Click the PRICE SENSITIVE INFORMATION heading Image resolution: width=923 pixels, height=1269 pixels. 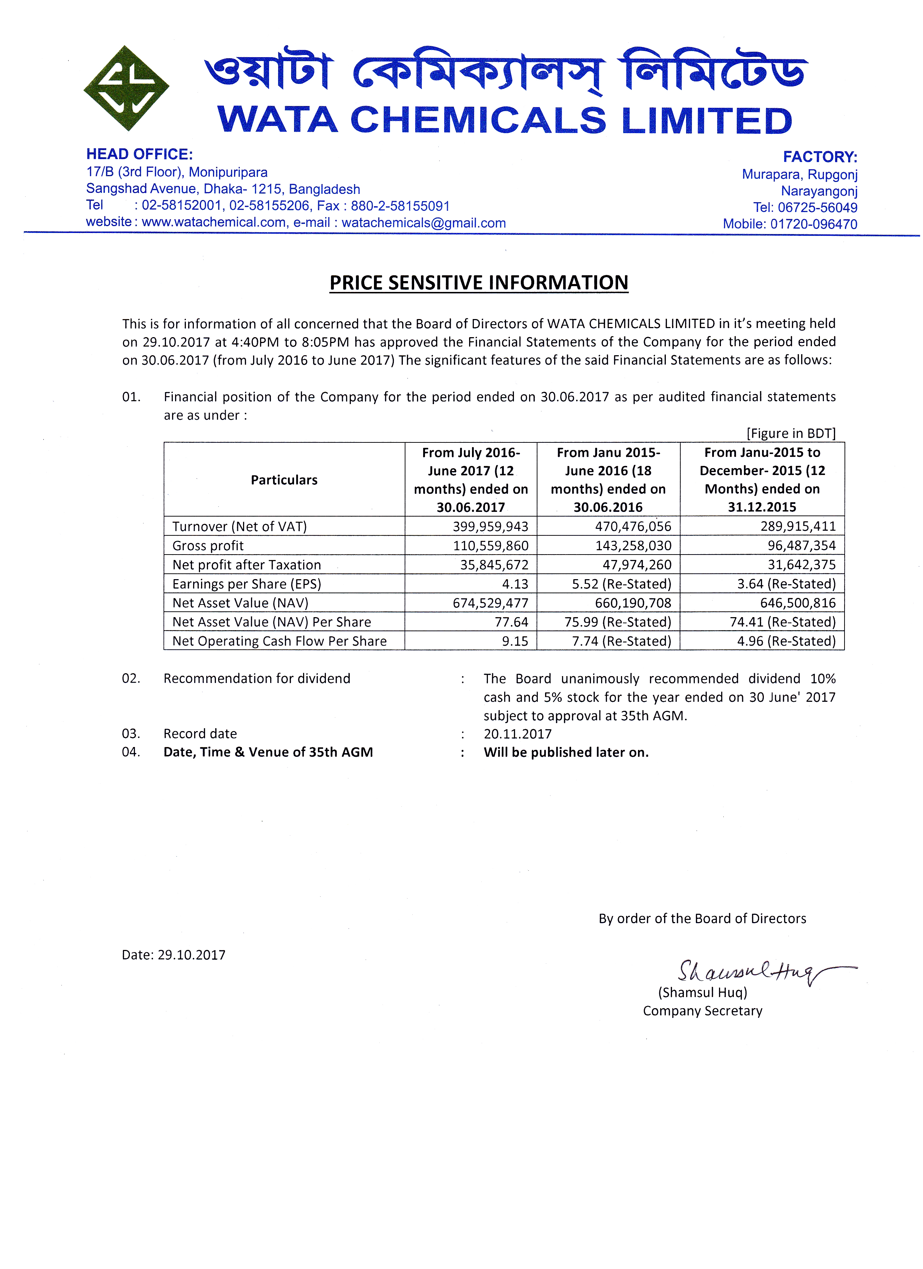coord(479,283)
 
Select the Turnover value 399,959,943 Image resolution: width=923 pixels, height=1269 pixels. coord(490,526)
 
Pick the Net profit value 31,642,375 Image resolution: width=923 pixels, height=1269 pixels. coord(801,565)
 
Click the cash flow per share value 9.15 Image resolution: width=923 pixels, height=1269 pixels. coord(515,641)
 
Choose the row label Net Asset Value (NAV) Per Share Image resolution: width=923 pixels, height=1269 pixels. coord(271,622)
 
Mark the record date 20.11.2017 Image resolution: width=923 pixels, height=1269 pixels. coord(518,734)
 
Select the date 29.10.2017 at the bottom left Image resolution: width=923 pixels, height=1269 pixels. coord(191,955)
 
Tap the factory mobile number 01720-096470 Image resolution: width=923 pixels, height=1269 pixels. coord(813,224)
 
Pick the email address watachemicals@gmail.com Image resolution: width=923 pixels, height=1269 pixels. coord(424,223)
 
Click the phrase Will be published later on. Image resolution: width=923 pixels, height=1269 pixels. coord(566,752)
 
